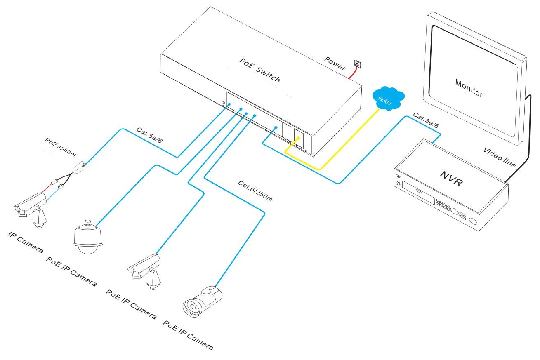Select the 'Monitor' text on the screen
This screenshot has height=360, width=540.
469,87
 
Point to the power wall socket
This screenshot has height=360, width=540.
358,65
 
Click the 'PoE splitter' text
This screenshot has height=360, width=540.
61,147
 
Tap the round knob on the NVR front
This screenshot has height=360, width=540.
472,223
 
